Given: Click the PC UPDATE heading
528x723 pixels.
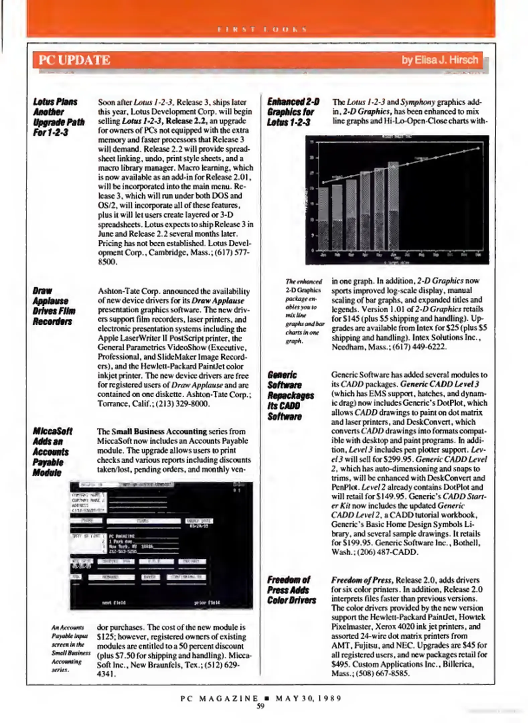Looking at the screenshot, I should (x=74, y=60).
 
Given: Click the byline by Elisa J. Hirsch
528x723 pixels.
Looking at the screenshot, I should (x=440, y=60).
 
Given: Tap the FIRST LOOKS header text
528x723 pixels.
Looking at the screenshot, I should (x=262, y=29).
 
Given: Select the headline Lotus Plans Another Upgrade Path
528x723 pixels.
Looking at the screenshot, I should (x=58, y=117).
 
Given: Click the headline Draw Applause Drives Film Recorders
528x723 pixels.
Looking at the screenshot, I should (x=54, y=306).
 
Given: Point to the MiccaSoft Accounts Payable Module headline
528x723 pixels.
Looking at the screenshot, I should (x=52, y=452).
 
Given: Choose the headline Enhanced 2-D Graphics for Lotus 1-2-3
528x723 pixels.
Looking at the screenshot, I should (x=293, y=112).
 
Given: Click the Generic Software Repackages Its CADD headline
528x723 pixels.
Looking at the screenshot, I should (x=290, y=395).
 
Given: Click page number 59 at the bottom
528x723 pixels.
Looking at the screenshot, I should (x=260, y=706).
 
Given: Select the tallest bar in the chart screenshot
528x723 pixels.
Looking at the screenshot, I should (x=393, y=206).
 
